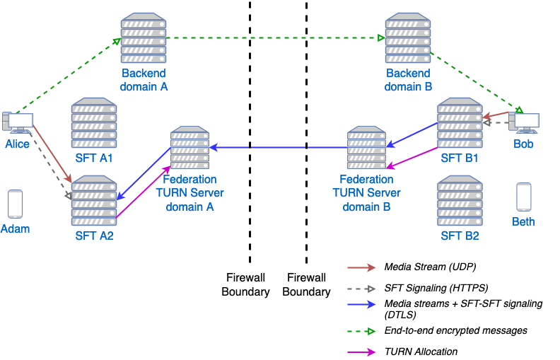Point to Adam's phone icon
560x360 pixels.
15,204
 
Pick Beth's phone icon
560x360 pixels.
523,197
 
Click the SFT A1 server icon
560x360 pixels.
94,123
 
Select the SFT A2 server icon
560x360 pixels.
94,202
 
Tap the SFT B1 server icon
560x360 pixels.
460,123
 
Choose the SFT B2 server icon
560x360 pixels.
460,202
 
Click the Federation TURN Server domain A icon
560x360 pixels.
189,148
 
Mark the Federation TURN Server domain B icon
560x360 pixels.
366,148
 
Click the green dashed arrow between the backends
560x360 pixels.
276,37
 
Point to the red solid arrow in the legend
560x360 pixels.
361,268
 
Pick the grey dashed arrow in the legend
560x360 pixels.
361,289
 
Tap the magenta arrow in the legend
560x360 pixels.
361,352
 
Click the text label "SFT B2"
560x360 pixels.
460,236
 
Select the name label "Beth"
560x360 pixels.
523,221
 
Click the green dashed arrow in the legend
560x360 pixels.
361,331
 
